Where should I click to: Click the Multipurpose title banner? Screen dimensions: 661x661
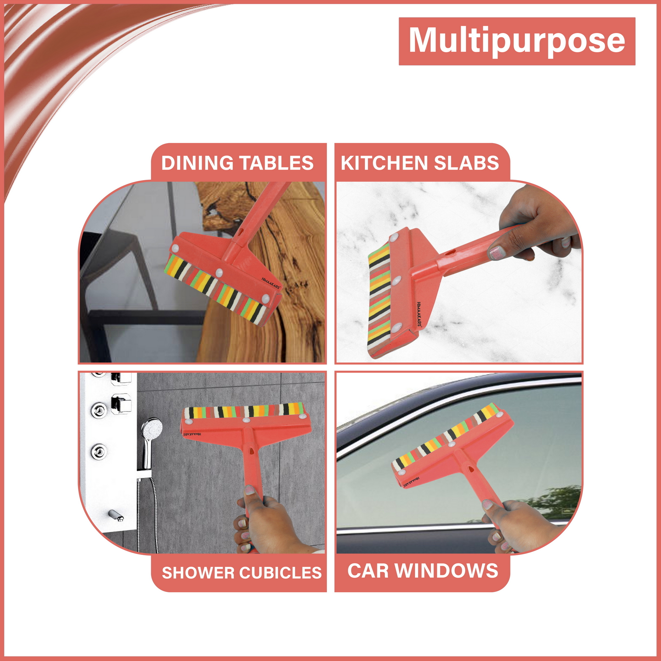coord(517,41)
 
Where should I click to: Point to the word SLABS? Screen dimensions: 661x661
coord(466,163)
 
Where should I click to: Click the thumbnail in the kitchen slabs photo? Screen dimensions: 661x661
coord(496,253)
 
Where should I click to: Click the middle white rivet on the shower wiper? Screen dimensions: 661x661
coord(246,420)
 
